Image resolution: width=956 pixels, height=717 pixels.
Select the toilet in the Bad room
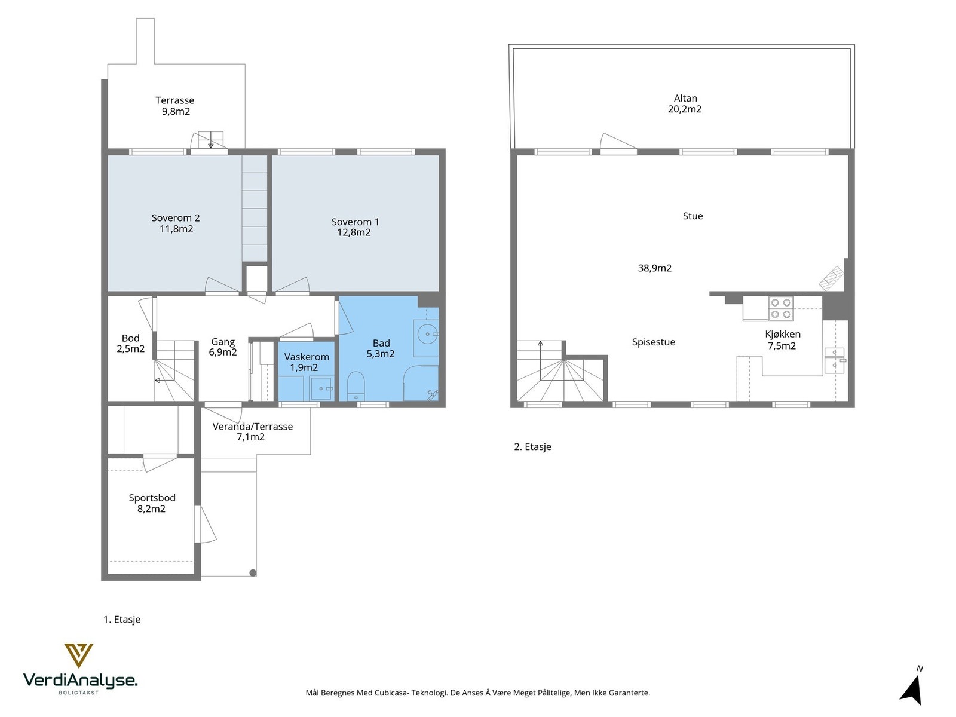(356, 386)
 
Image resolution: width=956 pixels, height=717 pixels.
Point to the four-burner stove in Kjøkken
(780, 309)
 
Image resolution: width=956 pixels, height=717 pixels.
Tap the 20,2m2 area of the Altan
(685, 109)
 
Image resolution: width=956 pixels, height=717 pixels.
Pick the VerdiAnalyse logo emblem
(78, 655)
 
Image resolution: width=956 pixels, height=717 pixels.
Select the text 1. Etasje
(122, 620)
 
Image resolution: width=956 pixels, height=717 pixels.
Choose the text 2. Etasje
(532, 447)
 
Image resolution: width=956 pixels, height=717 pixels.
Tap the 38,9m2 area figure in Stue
(655, 268)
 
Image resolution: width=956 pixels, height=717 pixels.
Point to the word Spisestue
(653, 342)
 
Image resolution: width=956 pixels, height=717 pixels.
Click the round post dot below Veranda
(253, 573)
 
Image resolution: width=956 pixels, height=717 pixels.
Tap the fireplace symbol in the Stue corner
(832, 278)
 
